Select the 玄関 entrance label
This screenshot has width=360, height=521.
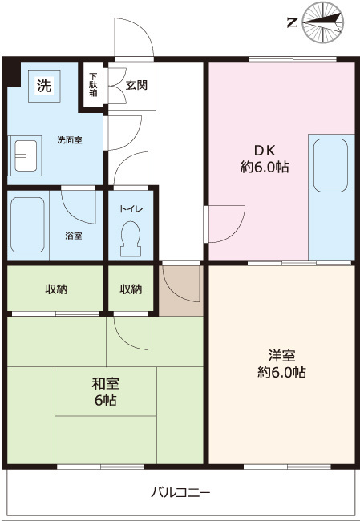pos(136,85)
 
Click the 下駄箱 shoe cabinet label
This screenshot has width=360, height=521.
pos(93,84)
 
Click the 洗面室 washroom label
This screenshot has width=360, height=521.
pos(69,140)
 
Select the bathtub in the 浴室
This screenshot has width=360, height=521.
pos(27,225)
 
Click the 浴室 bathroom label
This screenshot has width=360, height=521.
pos(73,236)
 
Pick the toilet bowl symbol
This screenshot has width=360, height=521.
pos(129,237)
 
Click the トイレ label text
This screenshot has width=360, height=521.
pos(131,209)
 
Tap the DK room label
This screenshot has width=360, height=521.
pos(264,159)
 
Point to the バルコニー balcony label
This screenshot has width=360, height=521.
pos(181,491)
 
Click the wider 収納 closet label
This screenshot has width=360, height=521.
pos(56,289)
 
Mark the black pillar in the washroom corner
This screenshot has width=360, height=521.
pos(12,73)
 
